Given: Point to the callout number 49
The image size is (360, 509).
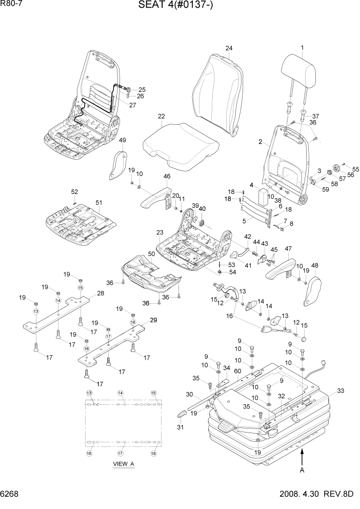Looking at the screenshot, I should tap(122, 141).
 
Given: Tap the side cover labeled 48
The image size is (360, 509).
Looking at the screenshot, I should tap(312, 290).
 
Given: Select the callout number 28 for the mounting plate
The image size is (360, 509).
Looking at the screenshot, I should tap(100, 293).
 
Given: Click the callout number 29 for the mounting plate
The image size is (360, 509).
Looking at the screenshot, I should tap(153, 320).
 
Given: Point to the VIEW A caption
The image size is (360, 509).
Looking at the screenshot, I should tap(123, 464).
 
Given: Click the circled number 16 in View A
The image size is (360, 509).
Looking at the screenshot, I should tap(89, 453).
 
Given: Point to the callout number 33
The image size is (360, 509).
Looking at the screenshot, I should tap(340, 390).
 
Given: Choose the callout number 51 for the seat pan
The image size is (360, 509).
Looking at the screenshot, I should tap(99, 202).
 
